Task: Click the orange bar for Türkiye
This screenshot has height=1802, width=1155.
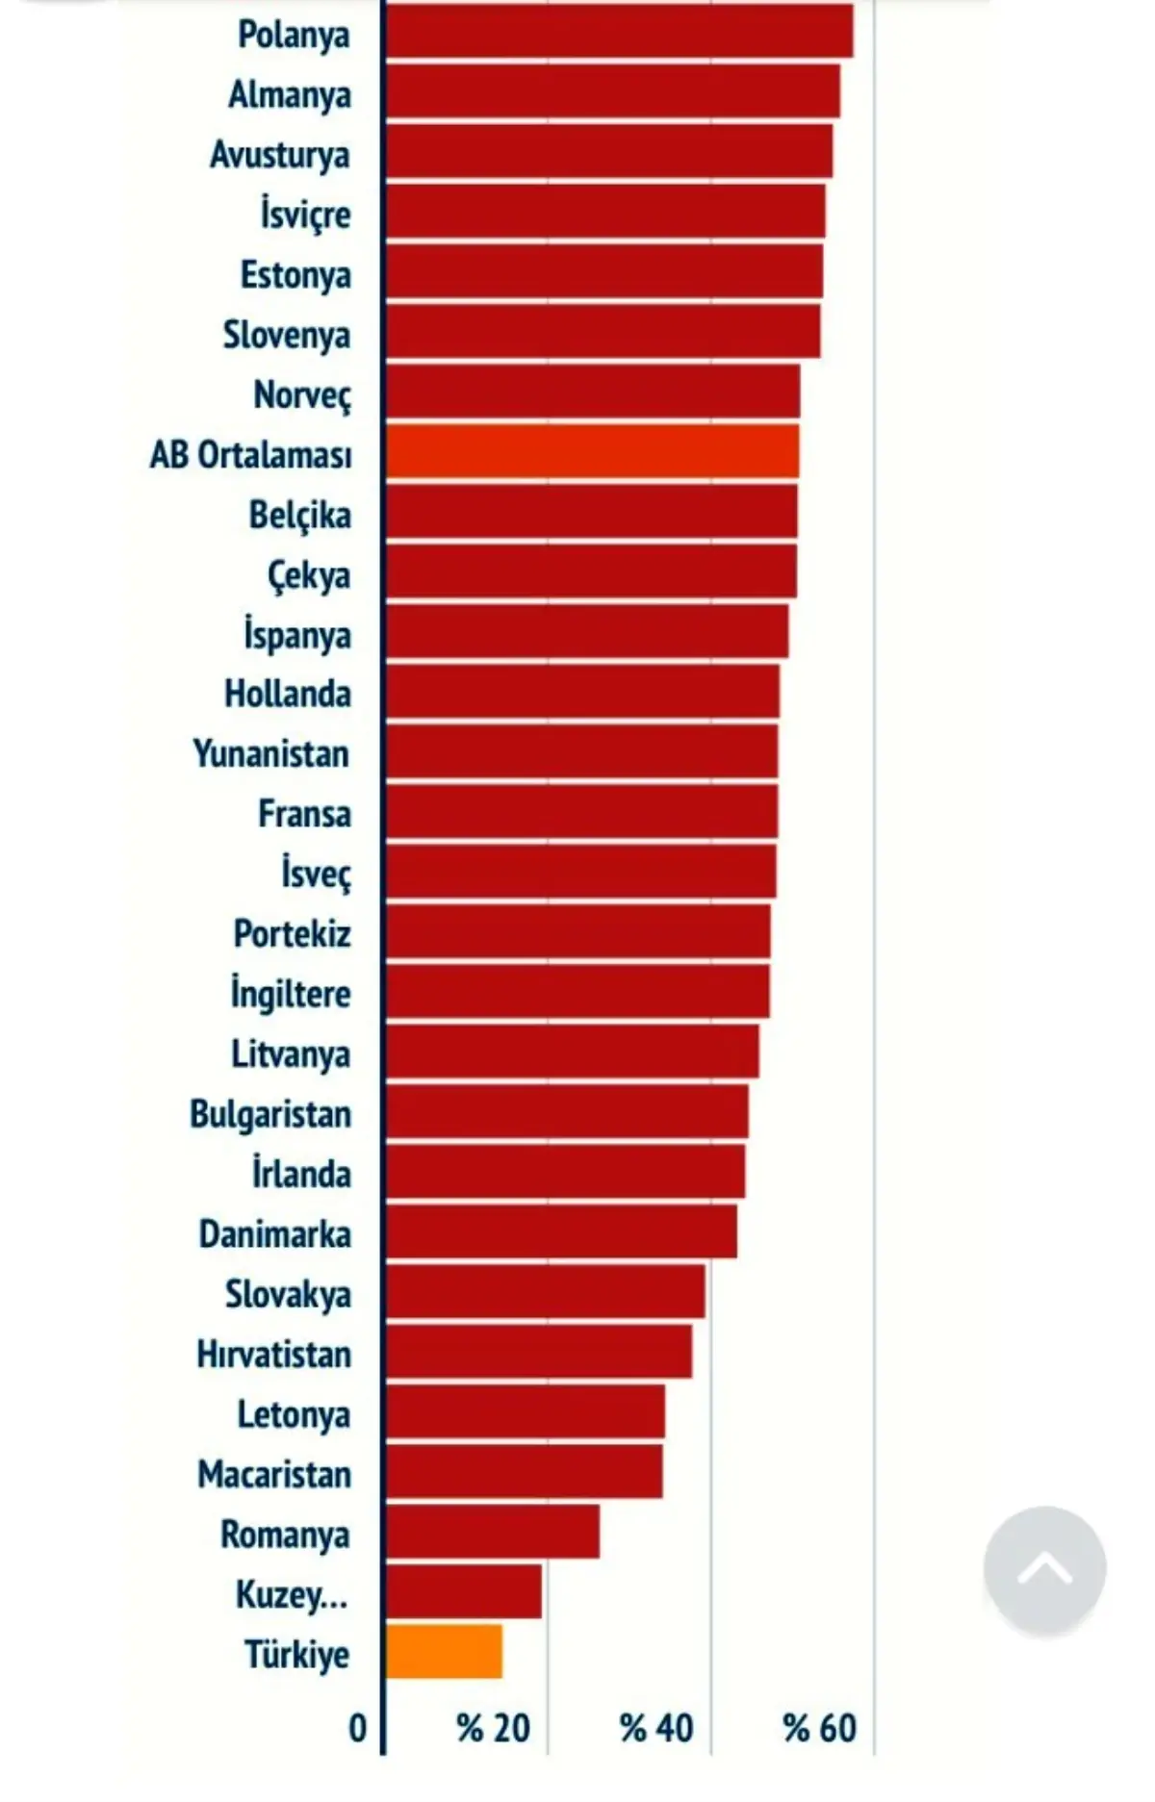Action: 444,1651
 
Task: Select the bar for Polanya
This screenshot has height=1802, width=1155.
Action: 619,31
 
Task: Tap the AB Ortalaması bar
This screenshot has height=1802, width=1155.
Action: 592,451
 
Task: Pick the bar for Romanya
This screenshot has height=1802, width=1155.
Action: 493,1532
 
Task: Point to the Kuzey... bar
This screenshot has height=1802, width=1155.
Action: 464,1591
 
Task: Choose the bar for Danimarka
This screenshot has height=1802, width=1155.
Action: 561,1231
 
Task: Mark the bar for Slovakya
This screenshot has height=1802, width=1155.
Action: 545,1291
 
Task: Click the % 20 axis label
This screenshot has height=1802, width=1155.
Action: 494,1729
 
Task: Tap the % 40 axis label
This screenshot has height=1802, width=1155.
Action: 656,1729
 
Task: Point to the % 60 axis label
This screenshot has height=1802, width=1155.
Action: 819,1729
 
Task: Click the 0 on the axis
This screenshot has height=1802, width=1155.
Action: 358,1729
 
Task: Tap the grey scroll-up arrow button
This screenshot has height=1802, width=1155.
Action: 1044,1568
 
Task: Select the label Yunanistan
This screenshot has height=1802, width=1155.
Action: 271,753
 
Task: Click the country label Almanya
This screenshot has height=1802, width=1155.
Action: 290,94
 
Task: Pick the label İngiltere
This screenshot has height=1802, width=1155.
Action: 291,993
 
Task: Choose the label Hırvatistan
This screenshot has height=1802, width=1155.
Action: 274,1354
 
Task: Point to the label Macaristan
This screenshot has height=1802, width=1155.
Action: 274,1474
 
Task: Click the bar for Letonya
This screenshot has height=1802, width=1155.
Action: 526,1411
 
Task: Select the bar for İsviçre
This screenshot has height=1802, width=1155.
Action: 605,211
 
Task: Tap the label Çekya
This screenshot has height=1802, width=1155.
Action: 309,575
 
